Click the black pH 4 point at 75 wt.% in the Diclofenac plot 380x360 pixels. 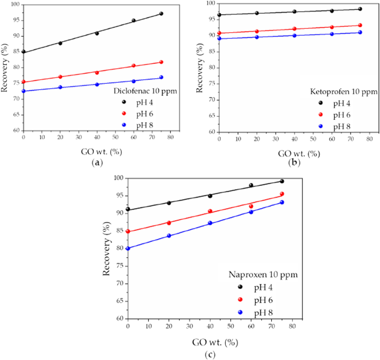(161, 13)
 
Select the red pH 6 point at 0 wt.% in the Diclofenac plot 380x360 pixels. (23, 82)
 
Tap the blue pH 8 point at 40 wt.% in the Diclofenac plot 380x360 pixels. (97, 84)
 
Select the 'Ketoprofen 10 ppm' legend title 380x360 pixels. (344, 92)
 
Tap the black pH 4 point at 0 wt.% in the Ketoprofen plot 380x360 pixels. (219, 15)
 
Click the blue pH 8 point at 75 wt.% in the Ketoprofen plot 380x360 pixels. (360, 32)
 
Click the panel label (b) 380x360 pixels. (295, 163)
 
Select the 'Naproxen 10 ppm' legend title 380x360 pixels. (264, 275)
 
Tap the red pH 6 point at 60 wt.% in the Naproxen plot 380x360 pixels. (251, 206)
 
